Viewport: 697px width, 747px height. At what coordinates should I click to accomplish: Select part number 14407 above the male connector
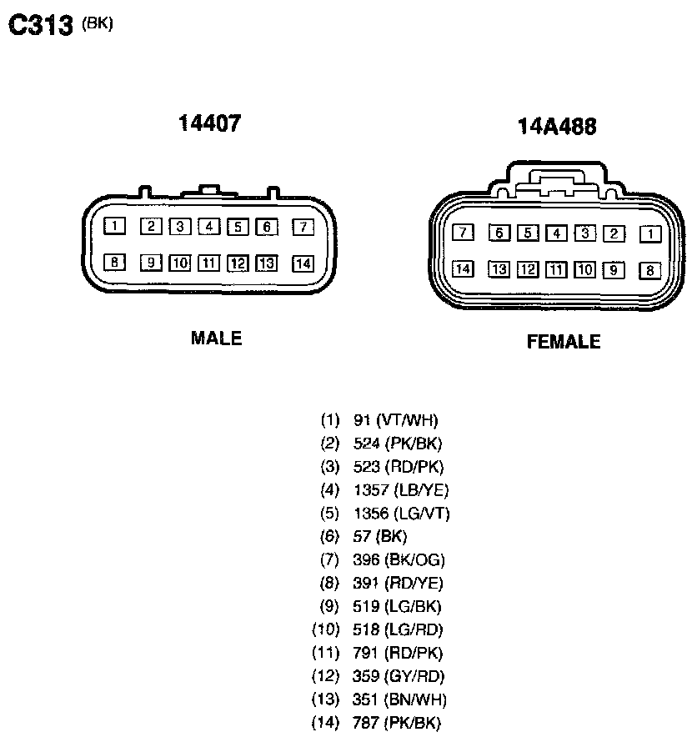click(209, 123)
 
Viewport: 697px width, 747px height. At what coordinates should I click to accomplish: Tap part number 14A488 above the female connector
click(557, 126)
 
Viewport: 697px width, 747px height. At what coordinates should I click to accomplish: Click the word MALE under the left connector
click(216, 338)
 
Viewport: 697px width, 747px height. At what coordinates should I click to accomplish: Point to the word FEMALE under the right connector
click(564, 342)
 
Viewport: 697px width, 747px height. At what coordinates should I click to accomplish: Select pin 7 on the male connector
click(303, 227)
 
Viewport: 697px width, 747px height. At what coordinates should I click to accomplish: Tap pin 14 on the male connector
click(303, 263)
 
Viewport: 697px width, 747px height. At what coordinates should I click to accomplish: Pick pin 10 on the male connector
click(179, 263)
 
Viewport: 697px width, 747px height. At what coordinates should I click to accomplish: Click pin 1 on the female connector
click(650, 234)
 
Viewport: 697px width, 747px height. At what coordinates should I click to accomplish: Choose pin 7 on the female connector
click(463, 233)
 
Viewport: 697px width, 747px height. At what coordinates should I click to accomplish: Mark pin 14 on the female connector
click(463, 269)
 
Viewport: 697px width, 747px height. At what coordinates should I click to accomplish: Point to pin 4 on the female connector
click(556, 233)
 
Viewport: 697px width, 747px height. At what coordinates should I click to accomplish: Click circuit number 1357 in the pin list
click(371, 490)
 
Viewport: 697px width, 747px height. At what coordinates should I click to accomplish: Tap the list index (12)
click(324, 676)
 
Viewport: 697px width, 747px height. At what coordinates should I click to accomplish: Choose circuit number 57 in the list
click(362, 536)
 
